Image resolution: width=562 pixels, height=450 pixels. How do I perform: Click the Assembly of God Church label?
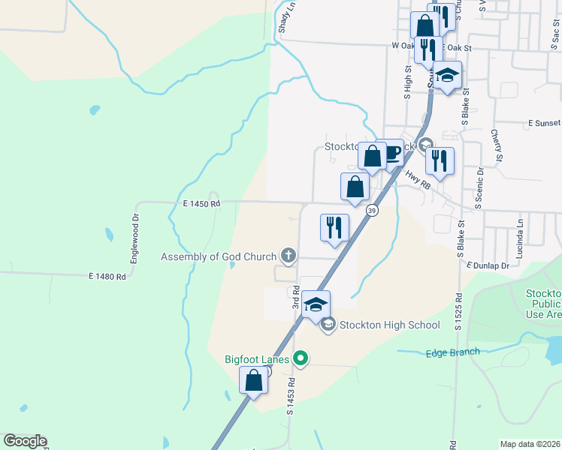219,256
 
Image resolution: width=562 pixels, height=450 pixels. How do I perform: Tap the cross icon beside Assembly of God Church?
287,256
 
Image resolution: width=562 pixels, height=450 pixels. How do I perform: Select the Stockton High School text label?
389,325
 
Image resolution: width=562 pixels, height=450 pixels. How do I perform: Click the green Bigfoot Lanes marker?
301,359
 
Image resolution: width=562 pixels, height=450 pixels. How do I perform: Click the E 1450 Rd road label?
201,203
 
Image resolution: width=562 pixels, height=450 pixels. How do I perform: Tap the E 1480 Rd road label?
107,277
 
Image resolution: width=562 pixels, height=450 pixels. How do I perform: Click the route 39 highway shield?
372,211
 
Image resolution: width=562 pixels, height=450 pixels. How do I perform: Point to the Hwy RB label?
418,178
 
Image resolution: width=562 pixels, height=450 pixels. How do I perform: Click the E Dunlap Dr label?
488,265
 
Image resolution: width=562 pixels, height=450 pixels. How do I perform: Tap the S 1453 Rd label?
290,397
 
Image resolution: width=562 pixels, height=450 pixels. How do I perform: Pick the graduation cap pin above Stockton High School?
316,304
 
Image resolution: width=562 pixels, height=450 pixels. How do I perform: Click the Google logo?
25,441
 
